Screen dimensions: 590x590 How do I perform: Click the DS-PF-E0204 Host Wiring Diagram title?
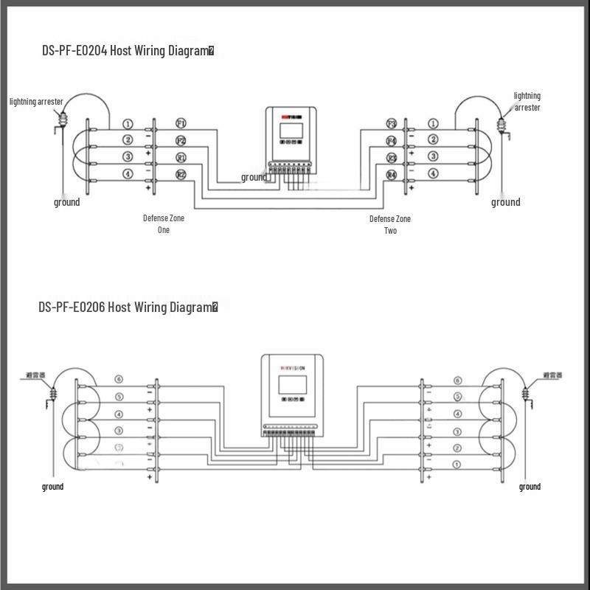click(x=128, y=51)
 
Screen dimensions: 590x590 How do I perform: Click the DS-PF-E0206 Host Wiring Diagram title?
click(x=128, y=307)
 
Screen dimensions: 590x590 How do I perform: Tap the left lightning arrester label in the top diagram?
click(x=36, y=101)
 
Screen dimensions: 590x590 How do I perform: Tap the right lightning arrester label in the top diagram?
click(x=527, y=102)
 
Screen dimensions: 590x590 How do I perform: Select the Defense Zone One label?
click(x=164, y=224)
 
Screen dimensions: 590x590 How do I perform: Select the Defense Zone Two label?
click(x=390, y=224)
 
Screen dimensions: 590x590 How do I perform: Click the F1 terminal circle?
click(x=181, y=123)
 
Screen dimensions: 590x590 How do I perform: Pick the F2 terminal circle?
click(x=181, y=140)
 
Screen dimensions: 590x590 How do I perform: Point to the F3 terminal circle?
click(x=392, y=123)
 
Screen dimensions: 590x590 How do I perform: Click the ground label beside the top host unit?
click(x=254, y=177)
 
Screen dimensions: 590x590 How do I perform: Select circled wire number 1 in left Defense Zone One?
click(x=128, y=124)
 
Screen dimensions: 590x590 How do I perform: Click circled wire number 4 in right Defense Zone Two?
click(x=433, y=174)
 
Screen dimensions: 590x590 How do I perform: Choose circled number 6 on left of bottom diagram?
click(x=119, y=380)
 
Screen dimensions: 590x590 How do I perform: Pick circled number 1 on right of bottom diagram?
click(x=457, y=464)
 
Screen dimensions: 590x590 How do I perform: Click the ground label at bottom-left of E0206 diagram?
click(x=52, y=487)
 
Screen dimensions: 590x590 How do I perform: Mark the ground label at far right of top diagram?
click(x=506, y=202)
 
